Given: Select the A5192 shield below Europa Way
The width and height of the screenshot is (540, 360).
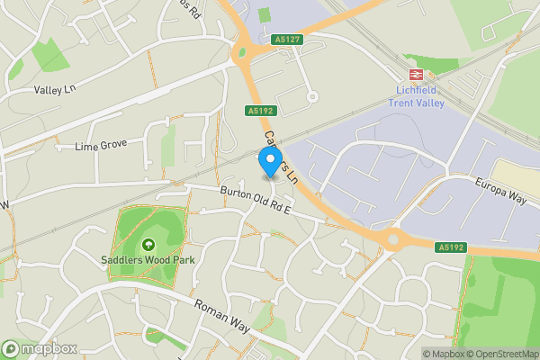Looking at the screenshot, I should (451, 246).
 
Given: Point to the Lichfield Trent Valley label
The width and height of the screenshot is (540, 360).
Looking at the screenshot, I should (418, 95).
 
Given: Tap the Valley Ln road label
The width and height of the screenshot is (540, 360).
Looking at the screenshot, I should (54, 90).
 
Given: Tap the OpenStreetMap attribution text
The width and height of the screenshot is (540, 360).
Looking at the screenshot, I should (502, 354).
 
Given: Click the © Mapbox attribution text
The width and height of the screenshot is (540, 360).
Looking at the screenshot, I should (441, 354).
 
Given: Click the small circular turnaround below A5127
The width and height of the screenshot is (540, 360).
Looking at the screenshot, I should (312, 96).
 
